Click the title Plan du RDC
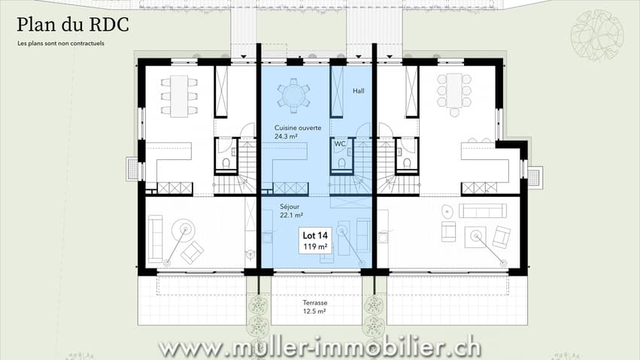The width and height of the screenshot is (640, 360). pos(73,25)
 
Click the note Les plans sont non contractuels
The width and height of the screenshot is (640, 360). pos(61,44)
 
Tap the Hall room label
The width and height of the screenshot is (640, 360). pos(359,91)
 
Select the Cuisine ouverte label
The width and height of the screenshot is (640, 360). pos(298,128)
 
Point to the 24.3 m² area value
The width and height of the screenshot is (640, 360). pos(286,137)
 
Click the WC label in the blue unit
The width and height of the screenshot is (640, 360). pos(340,144)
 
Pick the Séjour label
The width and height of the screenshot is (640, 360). pos(290,207)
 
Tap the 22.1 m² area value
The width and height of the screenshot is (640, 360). pos(292,215)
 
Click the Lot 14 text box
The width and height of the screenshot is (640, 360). pos(315,241)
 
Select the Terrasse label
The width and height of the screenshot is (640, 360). pos(315,303)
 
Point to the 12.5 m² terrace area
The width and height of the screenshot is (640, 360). pos(314,311)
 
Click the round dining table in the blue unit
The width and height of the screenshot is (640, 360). pos(293,95)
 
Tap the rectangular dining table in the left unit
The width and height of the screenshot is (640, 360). pos(179,96)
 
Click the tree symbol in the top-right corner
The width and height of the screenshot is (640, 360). pos(596,35)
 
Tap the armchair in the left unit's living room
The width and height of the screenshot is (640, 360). pos(193,253)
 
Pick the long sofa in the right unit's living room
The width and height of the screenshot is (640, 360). pos(483,210)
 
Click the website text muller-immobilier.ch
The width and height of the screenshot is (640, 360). pos(320,349)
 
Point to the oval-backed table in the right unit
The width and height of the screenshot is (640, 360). pos(447,212)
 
